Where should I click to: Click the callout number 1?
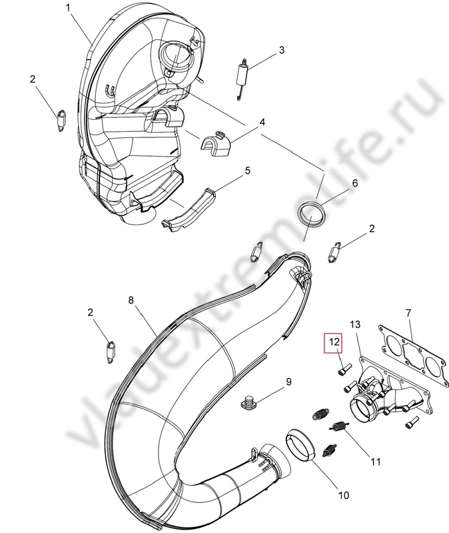[68, 7]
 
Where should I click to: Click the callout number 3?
[282, 50]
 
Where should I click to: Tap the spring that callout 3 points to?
[242, 78]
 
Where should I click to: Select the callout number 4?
[262, 122]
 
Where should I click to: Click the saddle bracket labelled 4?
[216, 143]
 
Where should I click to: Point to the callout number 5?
[247, 171]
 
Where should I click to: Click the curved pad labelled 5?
[189, 209]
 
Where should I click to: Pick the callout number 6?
[355, 183]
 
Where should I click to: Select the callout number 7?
[408, 312]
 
